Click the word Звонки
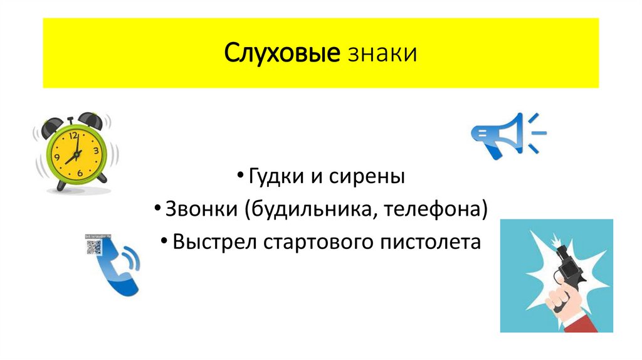coord(198,209)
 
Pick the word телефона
coord(436,209)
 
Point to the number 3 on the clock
coord(96,151)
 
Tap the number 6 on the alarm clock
coord(79,172)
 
